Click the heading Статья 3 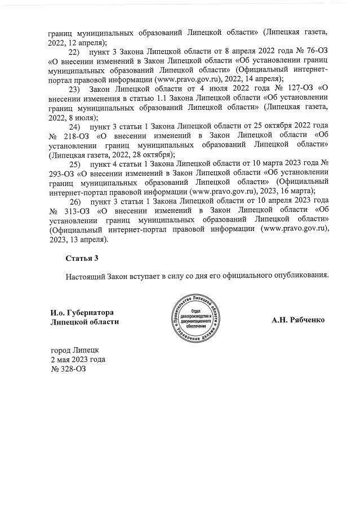(x=82, y=259)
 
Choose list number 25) (x=75, y=163)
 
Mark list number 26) (x=75, y=201)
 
